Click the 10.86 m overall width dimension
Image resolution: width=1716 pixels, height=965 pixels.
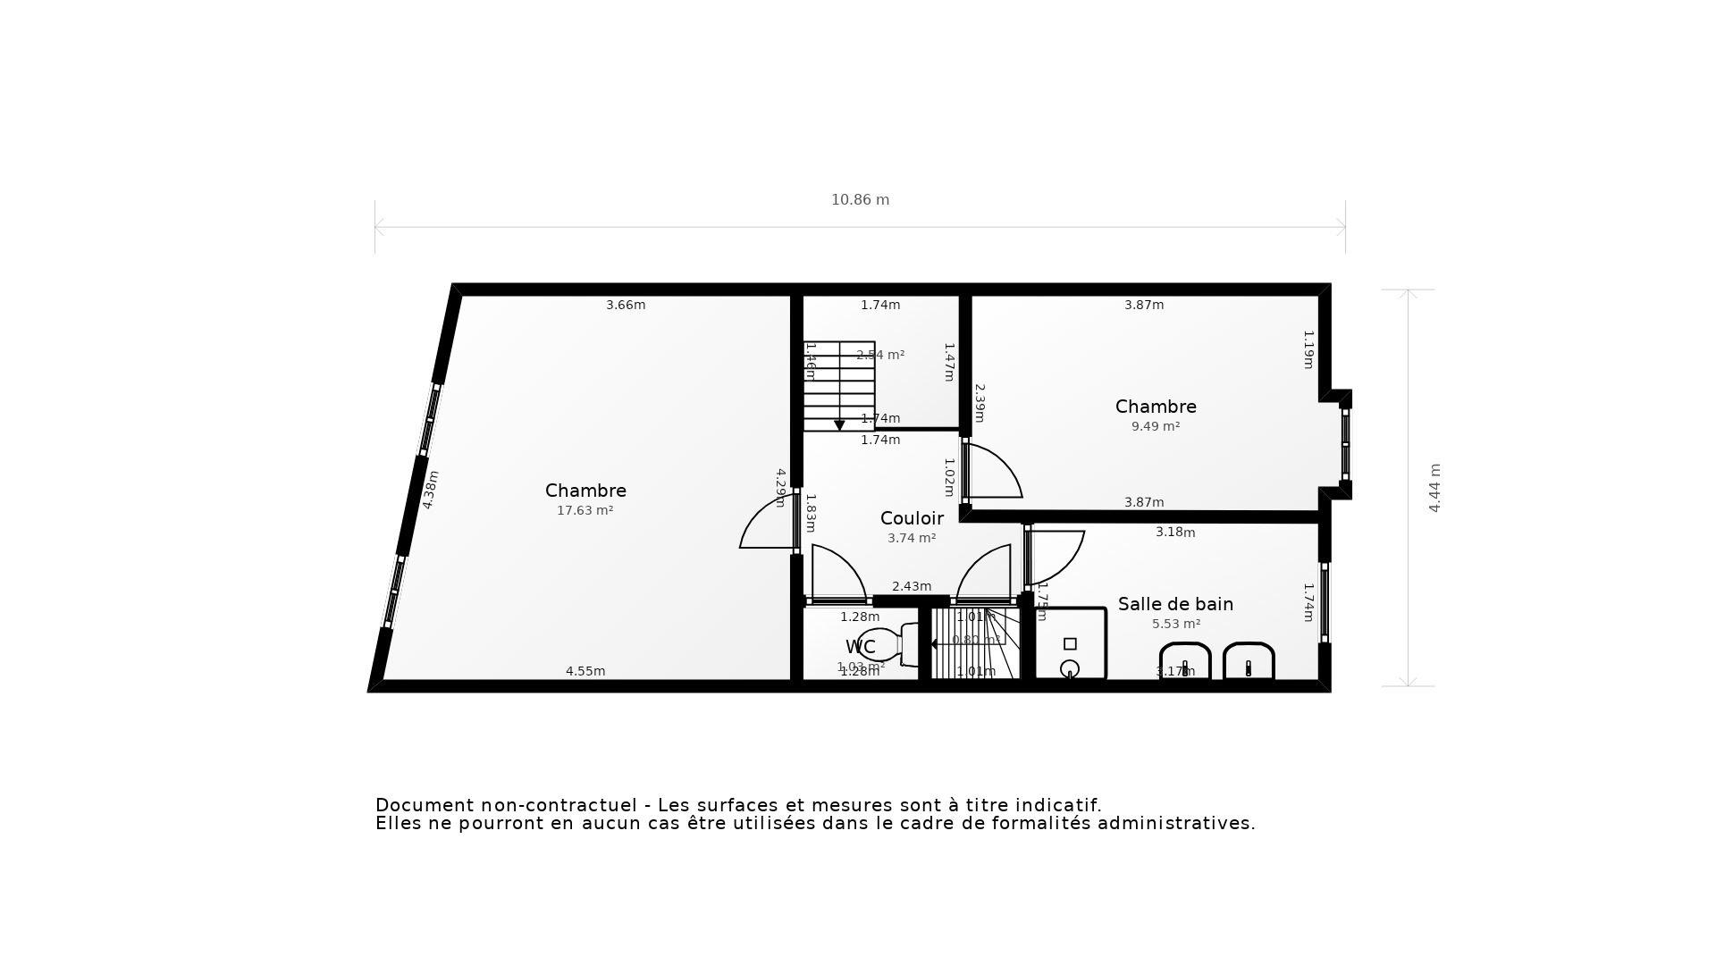pos(860,200)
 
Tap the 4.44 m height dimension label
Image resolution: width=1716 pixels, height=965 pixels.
pos(1434,488)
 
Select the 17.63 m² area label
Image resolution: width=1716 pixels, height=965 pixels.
pos(585,511)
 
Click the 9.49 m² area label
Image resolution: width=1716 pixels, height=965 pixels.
pos(1156,427)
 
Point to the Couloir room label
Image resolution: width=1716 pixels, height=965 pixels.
pos(912,518)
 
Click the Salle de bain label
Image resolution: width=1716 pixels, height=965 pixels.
pos(1175,604)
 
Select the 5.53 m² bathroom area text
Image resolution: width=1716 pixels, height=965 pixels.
pos(1175,625)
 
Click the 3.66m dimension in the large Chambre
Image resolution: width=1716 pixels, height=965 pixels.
pos(626,305)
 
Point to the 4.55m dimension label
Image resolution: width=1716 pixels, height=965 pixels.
pos(585,671)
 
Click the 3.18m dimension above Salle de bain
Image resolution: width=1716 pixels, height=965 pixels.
pos(1175,532)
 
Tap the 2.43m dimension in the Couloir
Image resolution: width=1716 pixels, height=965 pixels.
pos(912,586)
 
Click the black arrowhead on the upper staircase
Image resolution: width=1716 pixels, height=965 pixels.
pos(839,425)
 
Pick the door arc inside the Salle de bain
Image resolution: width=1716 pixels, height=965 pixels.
pos(1057,556)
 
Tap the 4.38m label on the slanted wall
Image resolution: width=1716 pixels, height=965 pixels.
pos(430,490)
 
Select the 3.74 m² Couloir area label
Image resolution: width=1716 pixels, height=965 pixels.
pos(912,539)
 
